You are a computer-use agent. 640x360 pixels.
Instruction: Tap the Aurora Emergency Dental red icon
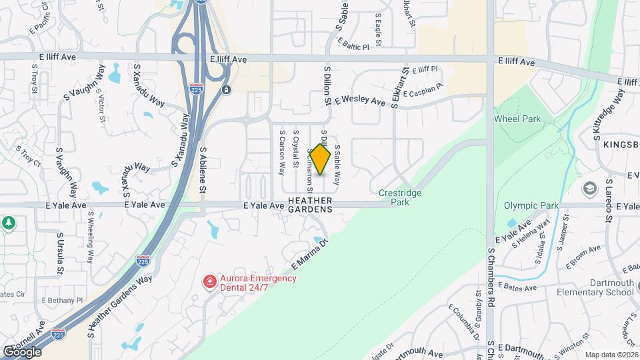tap(209, 282)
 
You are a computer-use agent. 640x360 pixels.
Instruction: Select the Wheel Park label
tap(517, 119)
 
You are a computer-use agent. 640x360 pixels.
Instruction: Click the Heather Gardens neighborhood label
tap(310, 204)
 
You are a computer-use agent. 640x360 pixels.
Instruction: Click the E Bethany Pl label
tap(62, 301)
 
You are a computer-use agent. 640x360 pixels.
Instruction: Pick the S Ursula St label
tap(60, 254)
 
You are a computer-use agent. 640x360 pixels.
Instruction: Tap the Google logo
tap(23, 351)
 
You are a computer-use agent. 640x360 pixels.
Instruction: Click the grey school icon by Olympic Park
tap(589, 189)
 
